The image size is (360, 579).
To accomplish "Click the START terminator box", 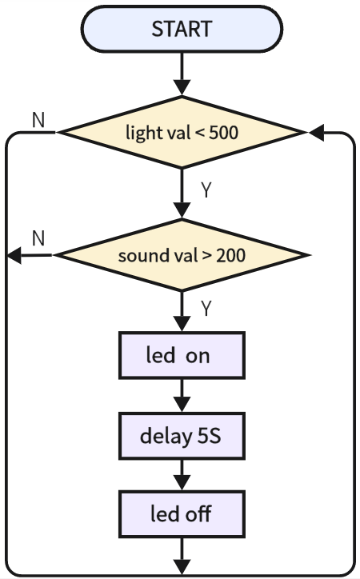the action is click(182, 29).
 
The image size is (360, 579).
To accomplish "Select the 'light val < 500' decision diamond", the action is click(182, 132).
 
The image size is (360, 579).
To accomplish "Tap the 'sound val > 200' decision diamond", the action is click(182, 255).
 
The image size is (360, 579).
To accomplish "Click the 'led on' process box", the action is click(182, 355).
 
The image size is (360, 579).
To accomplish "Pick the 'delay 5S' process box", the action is click(182, 436).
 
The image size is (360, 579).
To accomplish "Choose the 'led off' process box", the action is click(182, 513).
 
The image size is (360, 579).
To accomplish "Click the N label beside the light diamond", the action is click(38, 120).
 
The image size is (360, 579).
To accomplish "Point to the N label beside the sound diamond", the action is click(38, 238).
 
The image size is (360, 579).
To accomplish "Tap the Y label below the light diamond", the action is click(206, 190).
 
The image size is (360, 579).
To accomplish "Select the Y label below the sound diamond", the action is click(206, 309).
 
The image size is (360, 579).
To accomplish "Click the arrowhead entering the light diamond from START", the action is click(182, 87).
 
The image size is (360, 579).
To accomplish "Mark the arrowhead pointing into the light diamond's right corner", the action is click(317, 133).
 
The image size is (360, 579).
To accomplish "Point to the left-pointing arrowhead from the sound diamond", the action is click(14, 256).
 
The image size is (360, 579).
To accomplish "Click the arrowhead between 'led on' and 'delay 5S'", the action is click(182, 404).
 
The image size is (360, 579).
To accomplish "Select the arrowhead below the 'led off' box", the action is click(182, 567).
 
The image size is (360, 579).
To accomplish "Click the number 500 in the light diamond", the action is click(224, 133).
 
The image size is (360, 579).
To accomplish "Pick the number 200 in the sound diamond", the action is click(230, 255).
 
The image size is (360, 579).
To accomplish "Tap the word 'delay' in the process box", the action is click(166, 437).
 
